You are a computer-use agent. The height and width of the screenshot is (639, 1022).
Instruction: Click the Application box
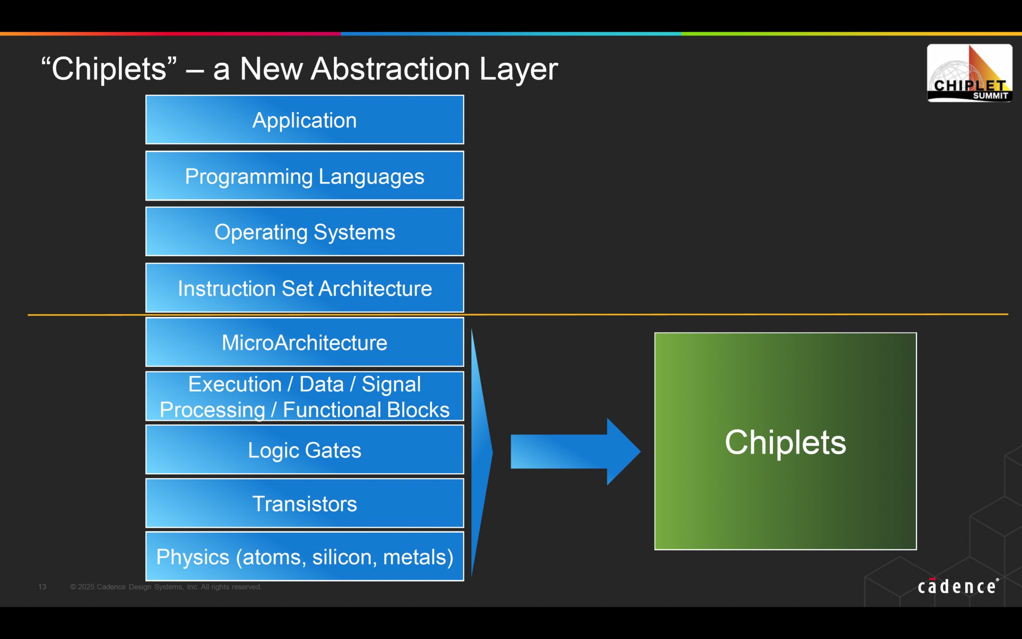pyautogui.click(x=304, y=120)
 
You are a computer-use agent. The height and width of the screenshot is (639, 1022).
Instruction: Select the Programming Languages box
pyautogui.click(x=304, y=176)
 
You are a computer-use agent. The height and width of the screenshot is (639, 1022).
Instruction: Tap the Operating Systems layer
pyautogui.click(x=304, y=232)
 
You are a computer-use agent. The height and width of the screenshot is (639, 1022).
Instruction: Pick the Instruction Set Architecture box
pyautogui.click(x=304, y=288)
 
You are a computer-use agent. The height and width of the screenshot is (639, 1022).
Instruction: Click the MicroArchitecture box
pyautogui.click(x=304, y=342)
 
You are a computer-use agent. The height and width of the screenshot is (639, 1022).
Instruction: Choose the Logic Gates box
pyautogui.click(x=304, y=450)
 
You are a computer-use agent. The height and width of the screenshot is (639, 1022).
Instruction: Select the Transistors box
pyautogui.click(x=304, y=503)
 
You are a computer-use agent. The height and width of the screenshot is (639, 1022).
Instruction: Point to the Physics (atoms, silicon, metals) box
pyautogui.click(x=304, y=557)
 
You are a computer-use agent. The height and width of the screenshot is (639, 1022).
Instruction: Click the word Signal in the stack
pyautogui.click(x=391, y=384)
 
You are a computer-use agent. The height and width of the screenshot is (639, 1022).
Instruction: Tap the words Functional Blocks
pyautogui.click(x=366, y=410)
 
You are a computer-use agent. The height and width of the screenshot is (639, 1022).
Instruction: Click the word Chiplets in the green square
pyautogui.click(x=785, y=442)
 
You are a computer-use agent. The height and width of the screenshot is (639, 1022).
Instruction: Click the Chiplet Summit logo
pyautogui.click(x=969, y=73)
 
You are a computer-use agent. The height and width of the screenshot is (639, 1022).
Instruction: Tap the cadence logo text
pyautogui.click(x=957, y=587)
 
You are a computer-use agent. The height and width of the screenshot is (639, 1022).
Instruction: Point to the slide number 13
pyautogui.click(x=42, y=587)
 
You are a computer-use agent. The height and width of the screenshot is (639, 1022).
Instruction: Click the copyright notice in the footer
pyautogui.click(x=166, y=587)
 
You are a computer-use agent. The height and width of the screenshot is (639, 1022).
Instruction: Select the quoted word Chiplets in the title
pyautogui.click(x=109, y=68)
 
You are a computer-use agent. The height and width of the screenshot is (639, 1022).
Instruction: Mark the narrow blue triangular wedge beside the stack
pyautogui.click(x=481, y=452)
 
